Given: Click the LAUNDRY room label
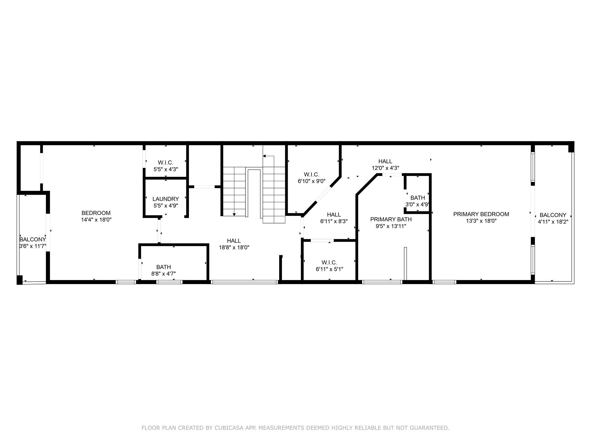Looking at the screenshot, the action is coord(166,199).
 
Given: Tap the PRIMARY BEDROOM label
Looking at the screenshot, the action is coord(481,214).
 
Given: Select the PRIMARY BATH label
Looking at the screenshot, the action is coord(391,219).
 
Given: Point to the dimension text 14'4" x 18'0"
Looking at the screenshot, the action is coord(96,220).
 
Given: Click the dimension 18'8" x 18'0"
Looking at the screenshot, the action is coord(234,247).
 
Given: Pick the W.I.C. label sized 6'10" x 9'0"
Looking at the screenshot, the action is coord(312,174).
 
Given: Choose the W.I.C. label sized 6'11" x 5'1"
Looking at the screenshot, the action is coord(329,262).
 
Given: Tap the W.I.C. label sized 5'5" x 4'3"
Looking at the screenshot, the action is coord(166,163).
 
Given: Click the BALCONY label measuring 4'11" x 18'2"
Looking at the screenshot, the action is coord(553,215).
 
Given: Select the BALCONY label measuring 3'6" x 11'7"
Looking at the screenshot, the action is coord(33,240).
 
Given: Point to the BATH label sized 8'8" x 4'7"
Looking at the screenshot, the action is coord(164,267).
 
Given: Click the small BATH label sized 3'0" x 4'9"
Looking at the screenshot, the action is coord(418,198).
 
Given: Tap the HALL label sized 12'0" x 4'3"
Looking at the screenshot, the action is coord(385,162).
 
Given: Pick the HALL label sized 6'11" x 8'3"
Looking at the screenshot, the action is coord(334,215).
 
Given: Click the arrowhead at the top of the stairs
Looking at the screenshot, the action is coord(264,156).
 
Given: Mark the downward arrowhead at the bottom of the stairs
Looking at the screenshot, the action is coord(234,214).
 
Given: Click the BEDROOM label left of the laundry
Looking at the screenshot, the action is coord(96,213).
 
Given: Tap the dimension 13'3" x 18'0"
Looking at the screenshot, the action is coord(481,221).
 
